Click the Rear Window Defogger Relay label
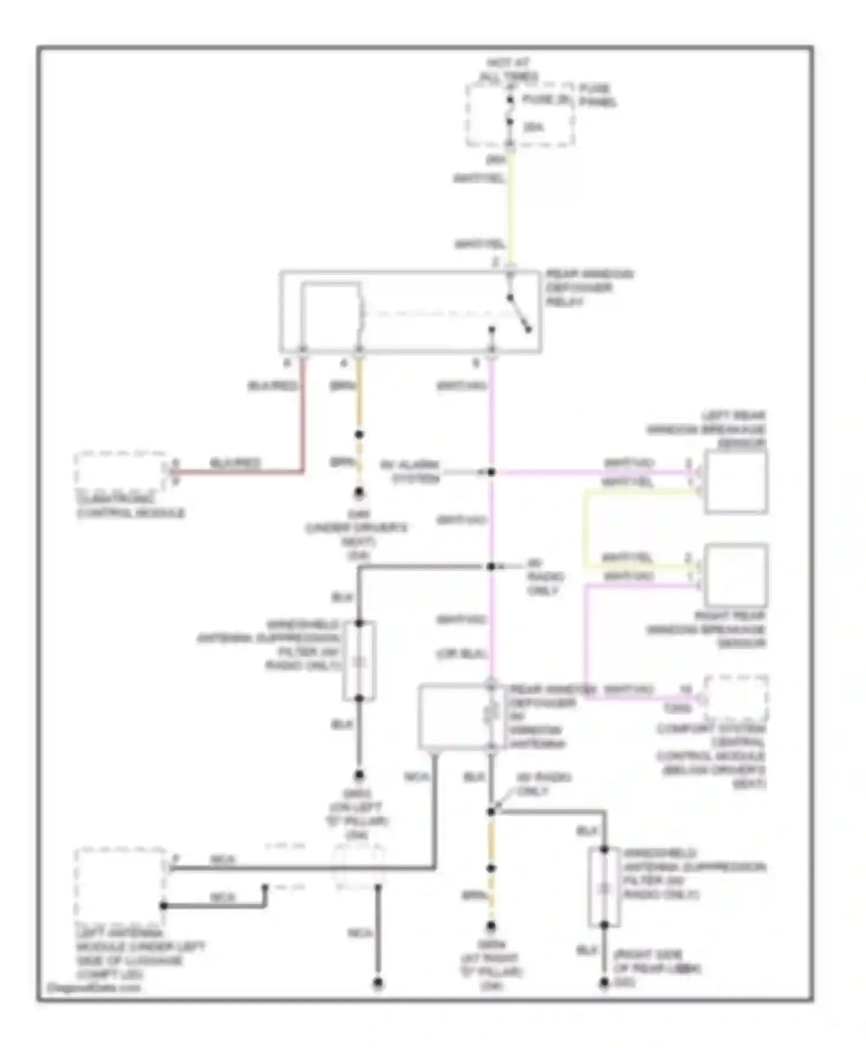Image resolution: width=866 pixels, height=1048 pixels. tap(589, 288)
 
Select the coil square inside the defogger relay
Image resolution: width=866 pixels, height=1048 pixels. tap(330, 317)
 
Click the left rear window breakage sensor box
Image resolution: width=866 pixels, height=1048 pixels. tap(736, 482)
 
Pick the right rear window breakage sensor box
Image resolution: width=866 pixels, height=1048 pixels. tap(736, 574)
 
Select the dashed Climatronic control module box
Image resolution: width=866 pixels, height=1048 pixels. tap(120, 471)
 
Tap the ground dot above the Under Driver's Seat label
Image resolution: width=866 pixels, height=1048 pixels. tap(359, 493)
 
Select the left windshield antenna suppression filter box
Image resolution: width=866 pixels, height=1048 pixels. tap(359, 661)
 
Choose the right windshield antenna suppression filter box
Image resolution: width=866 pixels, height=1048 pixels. tap(604, 887)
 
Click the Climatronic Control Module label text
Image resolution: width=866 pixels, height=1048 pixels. tap(130, 506)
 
